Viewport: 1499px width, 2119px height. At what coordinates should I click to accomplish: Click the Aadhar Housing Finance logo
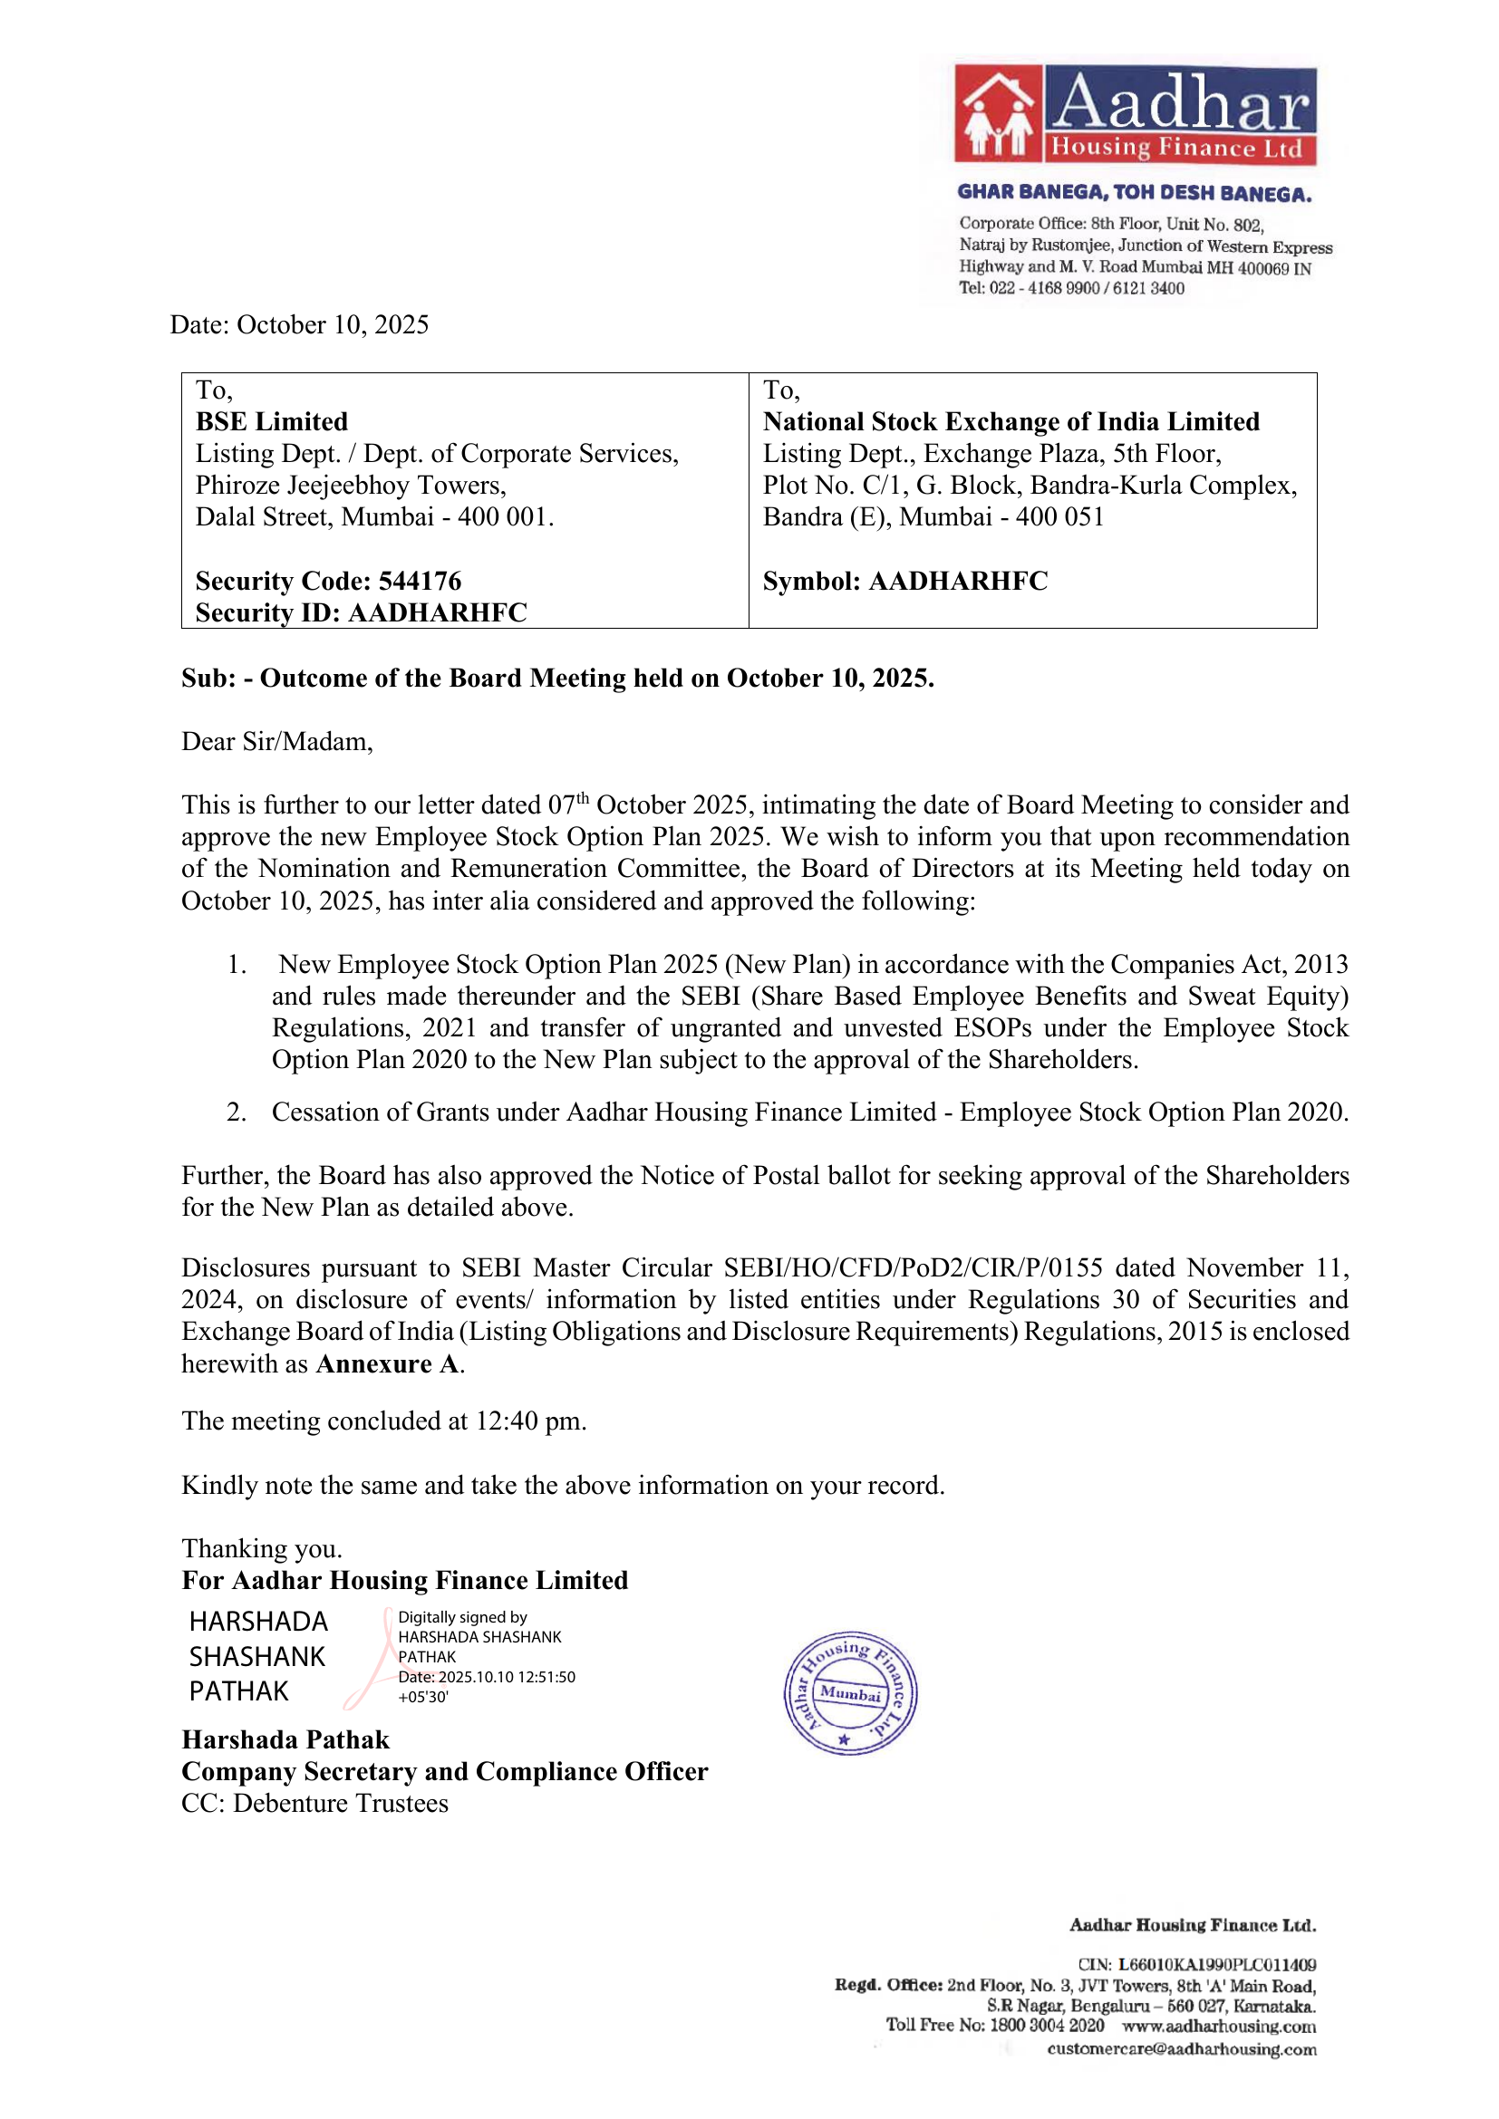click(1135, 115)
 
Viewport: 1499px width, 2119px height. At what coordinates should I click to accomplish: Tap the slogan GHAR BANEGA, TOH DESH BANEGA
click(1135, 193)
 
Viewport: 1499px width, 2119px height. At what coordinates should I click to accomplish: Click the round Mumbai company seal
click(850, 1692)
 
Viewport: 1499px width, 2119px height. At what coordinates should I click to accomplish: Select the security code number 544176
click(420, 581)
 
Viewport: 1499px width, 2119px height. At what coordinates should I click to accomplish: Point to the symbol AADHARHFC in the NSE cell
click(958, 581)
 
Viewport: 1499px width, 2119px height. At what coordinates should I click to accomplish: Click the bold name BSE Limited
click(271, 422)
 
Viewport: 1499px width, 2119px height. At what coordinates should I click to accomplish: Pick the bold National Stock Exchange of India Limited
click(1011, 422)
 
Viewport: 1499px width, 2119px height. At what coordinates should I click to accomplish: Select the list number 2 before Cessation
click(237, 1112)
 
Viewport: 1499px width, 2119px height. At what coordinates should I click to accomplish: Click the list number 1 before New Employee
click(237, 965)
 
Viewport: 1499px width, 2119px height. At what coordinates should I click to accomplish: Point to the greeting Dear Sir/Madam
click(277, 741)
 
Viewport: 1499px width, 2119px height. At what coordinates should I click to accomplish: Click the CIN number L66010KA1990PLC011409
click(1216, 1965)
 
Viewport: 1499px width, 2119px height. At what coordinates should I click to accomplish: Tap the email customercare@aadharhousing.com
click(1182, 2050)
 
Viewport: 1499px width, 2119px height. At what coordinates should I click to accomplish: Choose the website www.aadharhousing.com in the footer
click(1219, 2027)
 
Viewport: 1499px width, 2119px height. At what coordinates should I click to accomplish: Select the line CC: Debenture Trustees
click(314, 1804)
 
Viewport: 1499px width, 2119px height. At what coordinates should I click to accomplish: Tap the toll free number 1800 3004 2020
click(1047, 2026)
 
